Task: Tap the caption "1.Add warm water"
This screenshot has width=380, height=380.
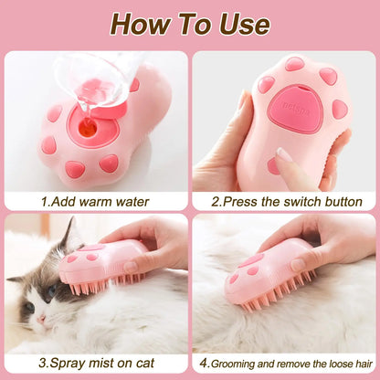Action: [95, 201]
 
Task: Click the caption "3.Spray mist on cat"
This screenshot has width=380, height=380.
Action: [95, 364]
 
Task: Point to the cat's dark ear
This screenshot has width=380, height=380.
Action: [66, 239]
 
